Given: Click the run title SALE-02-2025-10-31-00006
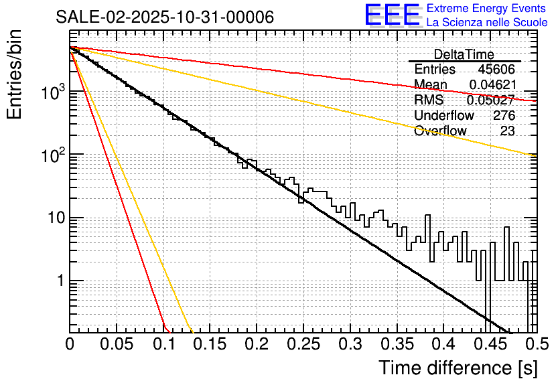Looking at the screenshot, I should (x=165, y=17).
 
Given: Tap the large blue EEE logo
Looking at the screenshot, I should (x=392, y=15).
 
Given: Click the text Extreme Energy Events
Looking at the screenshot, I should (x=487, y=9).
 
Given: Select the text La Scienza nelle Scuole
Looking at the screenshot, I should (x=487, y=23).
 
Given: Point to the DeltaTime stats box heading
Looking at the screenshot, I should (x=464, y=54).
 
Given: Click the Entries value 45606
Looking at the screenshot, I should (x=496, y=70).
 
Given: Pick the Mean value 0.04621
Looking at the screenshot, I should (x=492, y=84).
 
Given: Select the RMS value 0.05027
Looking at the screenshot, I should (x=490, y=100).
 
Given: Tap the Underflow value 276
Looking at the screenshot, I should (x=504, y=115).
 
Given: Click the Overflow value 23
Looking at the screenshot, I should (x=507, y=131).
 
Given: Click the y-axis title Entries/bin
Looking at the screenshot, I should (x=16, y=76).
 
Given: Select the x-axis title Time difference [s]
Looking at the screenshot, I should (x=458, y=368).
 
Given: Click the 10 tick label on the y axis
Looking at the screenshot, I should (x=54, y=218).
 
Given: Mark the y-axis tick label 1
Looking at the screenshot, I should (x=59, y=281).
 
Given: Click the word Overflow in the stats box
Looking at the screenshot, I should (x=440, y=131).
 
